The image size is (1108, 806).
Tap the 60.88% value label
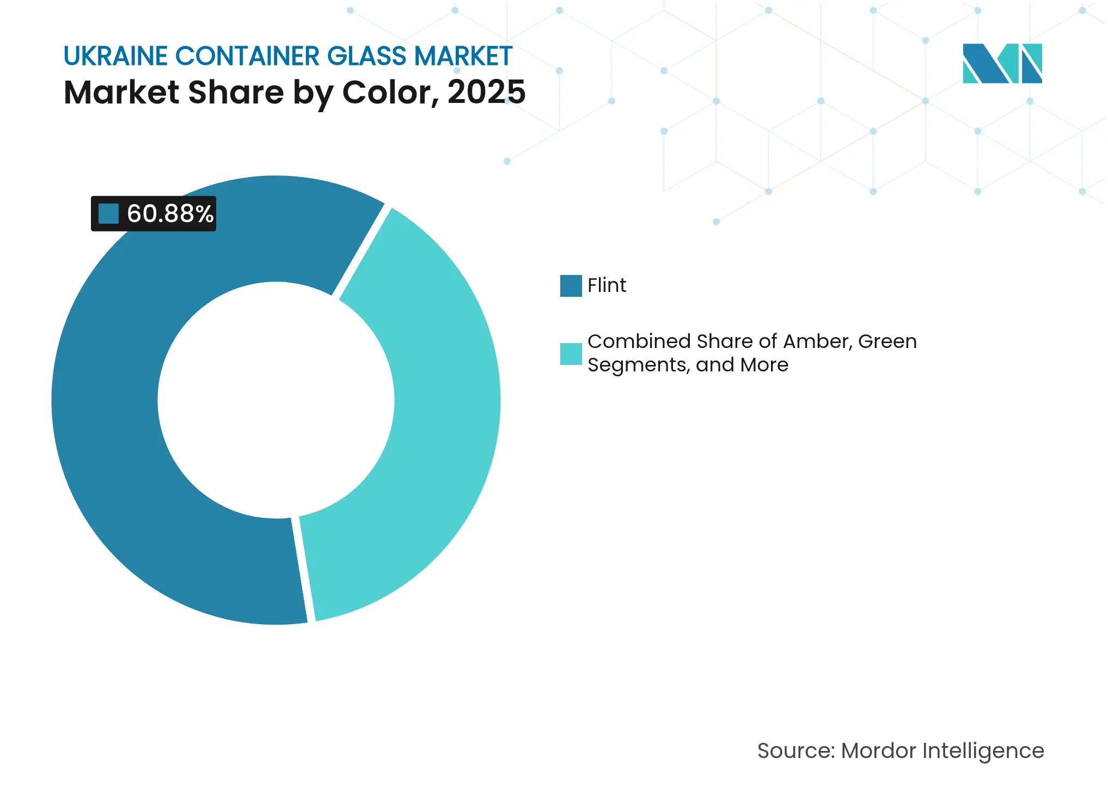pyautogui.click(x=170, y=213)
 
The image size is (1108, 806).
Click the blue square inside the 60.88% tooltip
pyautogui.click(x=108, y=213)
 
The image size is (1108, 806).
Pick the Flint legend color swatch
pyautogui.click(x=571, y=285)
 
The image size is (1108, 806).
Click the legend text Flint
pyautogui.click(x=607, y=285)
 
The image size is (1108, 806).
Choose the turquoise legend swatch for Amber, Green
pyautogui.click(x=571, y=353)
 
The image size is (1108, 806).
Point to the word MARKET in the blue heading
pyautogui.click(x=463, y=56)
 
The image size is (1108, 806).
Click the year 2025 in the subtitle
pyautogui.click(x=486, y=92)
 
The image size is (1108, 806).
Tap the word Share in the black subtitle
pyautogui.click(x=236, y=92)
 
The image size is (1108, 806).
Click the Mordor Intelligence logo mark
pyautogui.click(x=1002, y=63)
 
